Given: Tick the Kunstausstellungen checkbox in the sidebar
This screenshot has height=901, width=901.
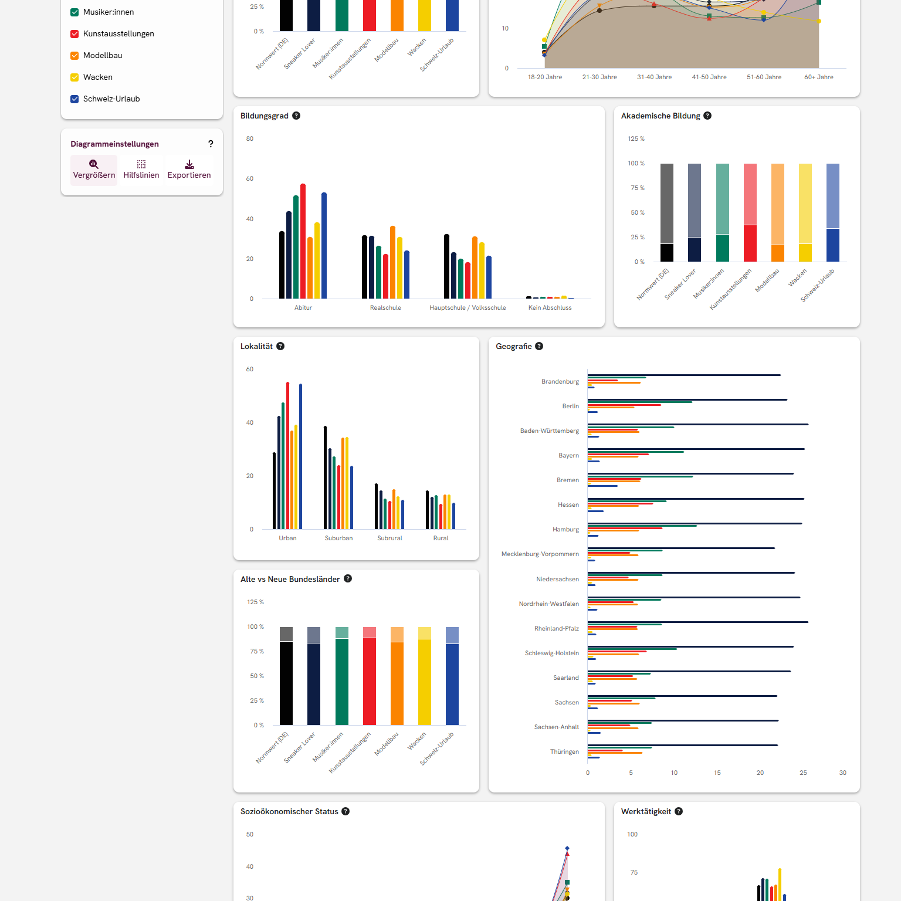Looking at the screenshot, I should coord(74,34).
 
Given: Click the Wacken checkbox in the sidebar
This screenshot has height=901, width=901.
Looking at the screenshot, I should coord(74,77).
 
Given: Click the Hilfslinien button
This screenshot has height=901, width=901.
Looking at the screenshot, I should coord(141,170).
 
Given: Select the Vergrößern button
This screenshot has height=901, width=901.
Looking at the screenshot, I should coord(94,170).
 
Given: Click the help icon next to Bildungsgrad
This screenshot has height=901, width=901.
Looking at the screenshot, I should coord(296,116).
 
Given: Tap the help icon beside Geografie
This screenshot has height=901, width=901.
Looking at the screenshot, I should coord(539,346).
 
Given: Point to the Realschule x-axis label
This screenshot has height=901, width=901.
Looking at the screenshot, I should coord(385,307).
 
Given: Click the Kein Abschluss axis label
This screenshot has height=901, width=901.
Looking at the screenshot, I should coord(550,307).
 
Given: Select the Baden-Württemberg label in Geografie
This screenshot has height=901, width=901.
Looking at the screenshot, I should coord(549,431).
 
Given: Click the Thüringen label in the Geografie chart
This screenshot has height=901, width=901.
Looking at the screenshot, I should coord(564,751).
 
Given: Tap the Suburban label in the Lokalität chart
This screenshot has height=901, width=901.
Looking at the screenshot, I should coord(338,538).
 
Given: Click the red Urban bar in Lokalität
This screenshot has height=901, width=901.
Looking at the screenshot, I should coord(287,455).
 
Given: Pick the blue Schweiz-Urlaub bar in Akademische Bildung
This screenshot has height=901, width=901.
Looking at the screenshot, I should coord(832,245).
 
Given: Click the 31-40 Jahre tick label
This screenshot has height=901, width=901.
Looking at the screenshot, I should coord(654,77).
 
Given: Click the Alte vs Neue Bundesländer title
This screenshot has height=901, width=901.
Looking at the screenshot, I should coord(290,579).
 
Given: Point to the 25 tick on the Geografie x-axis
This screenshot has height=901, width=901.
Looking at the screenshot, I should coord(803,773).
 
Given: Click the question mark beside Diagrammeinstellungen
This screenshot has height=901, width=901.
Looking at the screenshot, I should coord(211,144).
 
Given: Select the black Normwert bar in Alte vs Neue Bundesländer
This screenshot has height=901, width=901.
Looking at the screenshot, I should coord(286,683).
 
